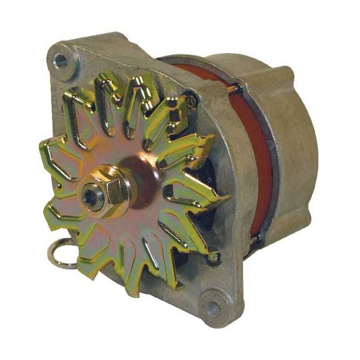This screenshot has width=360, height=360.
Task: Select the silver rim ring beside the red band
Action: click(x=276, y=170)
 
